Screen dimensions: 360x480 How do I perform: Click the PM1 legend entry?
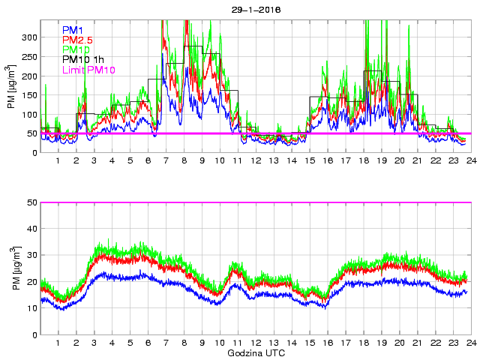click(x=73, y=30)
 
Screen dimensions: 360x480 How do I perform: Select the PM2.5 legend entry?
click(x=79, y=40)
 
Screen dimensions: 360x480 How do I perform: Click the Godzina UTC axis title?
click(x=255, y=352)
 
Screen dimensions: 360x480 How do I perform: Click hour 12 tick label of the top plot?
click(x=256, y=161)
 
